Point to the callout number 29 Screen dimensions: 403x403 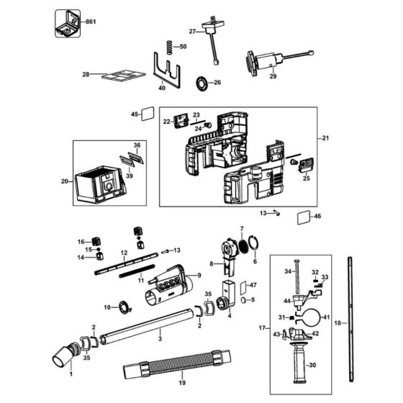(x=273, y=76)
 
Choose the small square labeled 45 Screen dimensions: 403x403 (x=148, y=114)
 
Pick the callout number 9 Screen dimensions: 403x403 (x=199, y=276)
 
